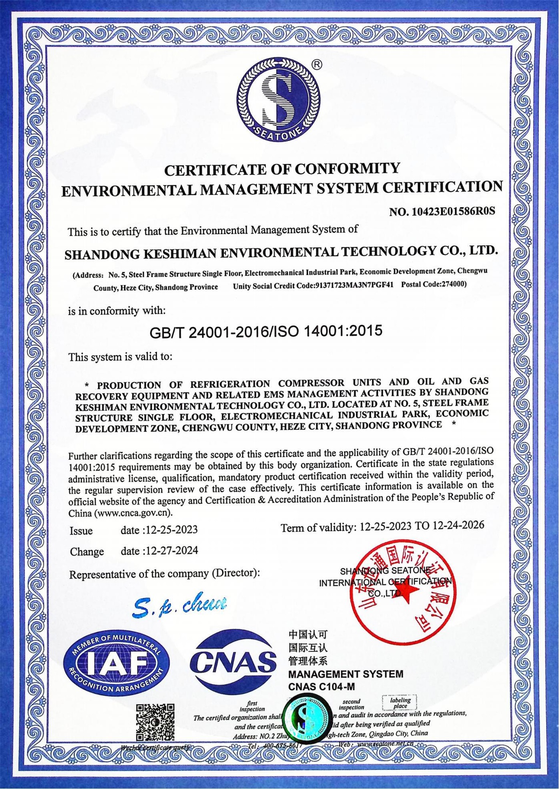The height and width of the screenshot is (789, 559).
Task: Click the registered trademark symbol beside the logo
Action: point(318,64)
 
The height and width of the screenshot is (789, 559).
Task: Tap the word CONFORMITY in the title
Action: point(347,168)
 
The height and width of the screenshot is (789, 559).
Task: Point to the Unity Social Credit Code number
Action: point(355,285)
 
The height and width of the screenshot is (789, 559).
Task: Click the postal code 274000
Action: point(453,284)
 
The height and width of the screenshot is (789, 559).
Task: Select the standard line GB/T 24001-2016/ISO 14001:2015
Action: point(266,331)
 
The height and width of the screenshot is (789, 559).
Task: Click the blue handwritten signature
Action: point(180,605)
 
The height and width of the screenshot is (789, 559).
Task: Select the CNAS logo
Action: point(233,662)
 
